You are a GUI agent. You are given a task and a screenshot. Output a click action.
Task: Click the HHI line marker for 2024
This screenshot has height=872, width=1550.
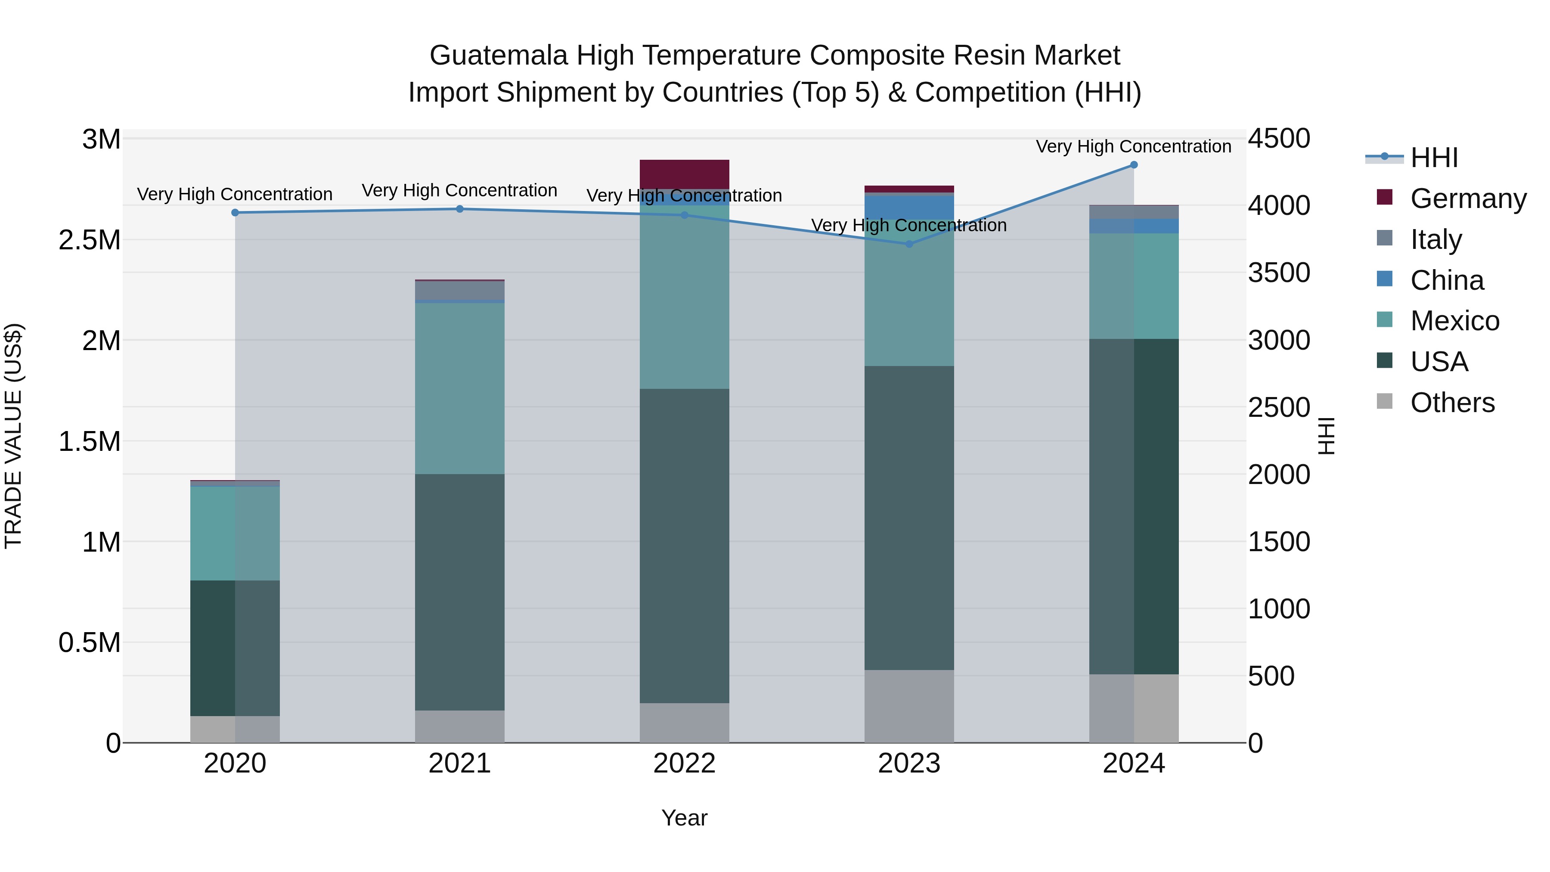(1134, 165)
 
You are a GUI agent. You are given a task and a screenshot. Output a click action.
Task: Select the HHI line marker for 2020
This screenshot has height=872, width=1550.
(235, 212)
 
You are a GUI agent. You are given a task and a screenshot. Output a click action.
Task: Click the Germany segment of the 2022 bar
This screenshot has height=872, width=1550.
(684, 174)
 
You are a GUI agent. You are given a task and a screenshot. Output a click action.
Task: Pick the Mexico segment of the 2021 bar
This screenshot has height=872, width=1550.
(460, 388)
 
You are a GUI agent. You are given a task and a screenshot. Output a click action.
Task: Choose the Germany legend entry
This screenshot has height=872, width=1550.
(1468, 199)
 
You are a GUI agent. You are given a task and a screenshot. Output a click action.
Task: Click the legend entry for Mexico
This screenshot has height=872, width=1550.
(1454, 321)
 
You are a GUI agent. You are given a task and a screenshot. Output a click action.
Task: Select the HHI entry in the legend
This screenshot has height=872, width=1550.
(1433, 158)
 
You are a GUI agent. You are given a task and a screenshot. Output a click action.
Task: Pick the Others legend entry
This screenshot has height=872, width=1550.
(1452, 403)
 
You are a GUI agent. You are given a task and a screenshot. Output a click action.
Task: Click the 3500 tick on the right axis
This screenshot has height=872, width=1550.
(1279, 273)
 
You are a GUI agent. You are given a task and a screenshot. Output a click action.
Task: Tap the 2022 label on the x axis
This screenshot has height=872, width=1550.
(684, 763)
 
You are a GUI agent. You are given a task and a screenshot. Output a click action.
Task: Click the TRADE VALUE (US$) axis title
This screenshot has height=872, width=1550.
(13, 436)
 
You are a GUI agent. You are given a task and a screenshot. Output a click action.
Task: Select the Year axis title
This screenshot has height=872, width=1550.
(684, 818)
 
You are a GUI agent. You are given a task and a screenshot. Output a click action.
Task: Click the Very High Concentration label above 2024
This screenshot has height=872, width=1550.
(1133, 146)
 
